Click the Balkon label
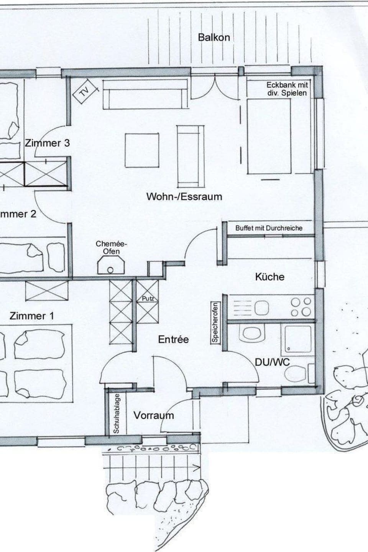[214, 37]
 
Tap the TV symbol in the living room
[83, 91]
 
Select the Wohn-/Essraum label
[184, 197]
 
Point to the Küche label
[270, 277]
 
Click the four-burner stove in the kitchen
[301, 307]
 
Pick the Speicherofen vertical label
[215, 323]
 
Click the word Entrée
[173, 339]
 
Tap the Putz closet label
[148, 298]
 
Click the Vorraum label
[153, 415]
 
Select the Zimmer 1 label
[31, 316]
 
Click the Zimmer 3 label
[48, 143]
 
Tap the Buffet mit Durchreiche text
[269, 228]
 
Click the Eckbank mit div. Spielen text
[287, 89]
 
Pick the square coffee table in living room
[142, 150]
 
